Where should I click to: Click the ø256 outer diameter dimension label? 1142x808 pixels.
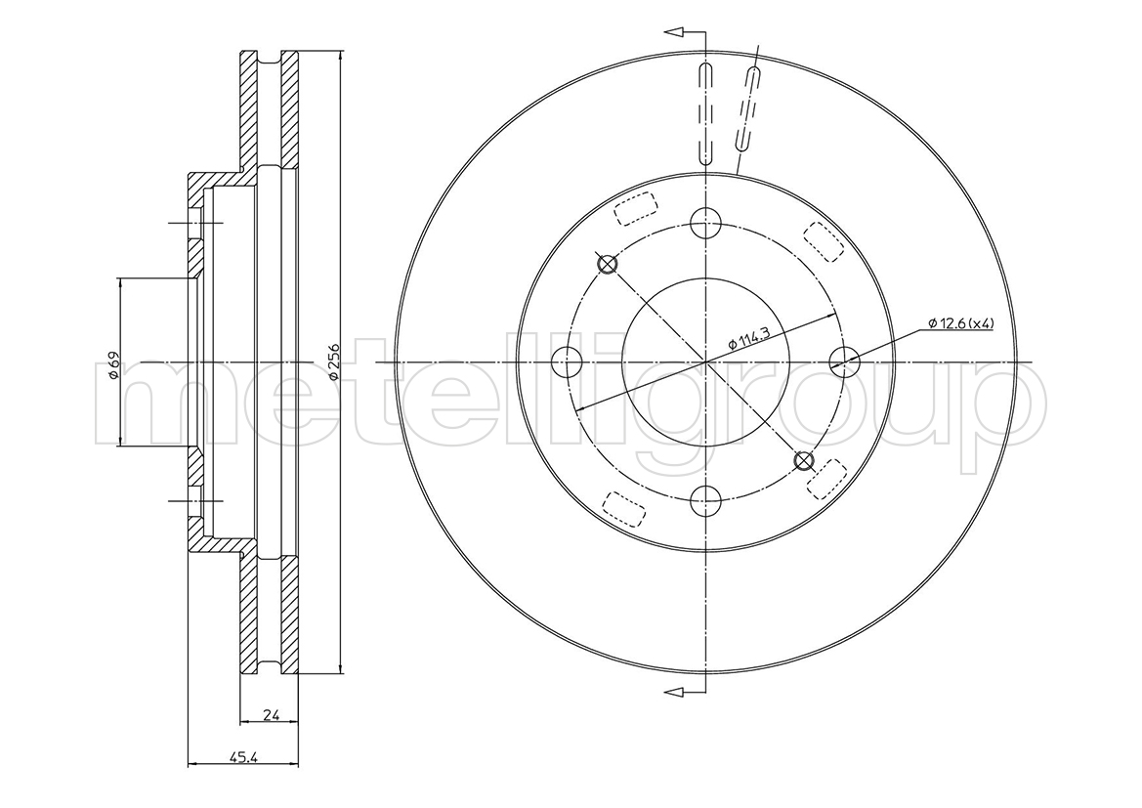click(331, 361)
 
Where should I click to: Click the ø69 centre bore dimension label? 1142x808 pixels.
click(113, 364)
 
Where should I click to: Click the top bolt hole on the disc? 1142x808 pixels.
click(705, 222)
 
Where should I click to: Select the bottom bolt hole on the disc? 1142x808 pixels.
click(705, 499)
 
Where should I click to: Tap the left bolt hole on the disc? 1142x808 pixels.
click(567, 361)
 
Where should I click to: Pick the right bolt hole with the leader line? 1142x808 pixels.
click(845, 361)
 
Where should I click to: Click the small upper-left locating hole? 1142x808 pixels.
click(607, 263)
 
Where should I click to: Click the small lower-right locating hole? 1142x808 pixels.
click(803, 460)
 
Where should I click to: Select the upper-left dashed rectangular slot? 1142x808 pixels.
click(635, 209)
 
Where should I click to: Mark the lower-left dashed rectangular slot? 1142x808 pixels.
click(625, 509)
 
